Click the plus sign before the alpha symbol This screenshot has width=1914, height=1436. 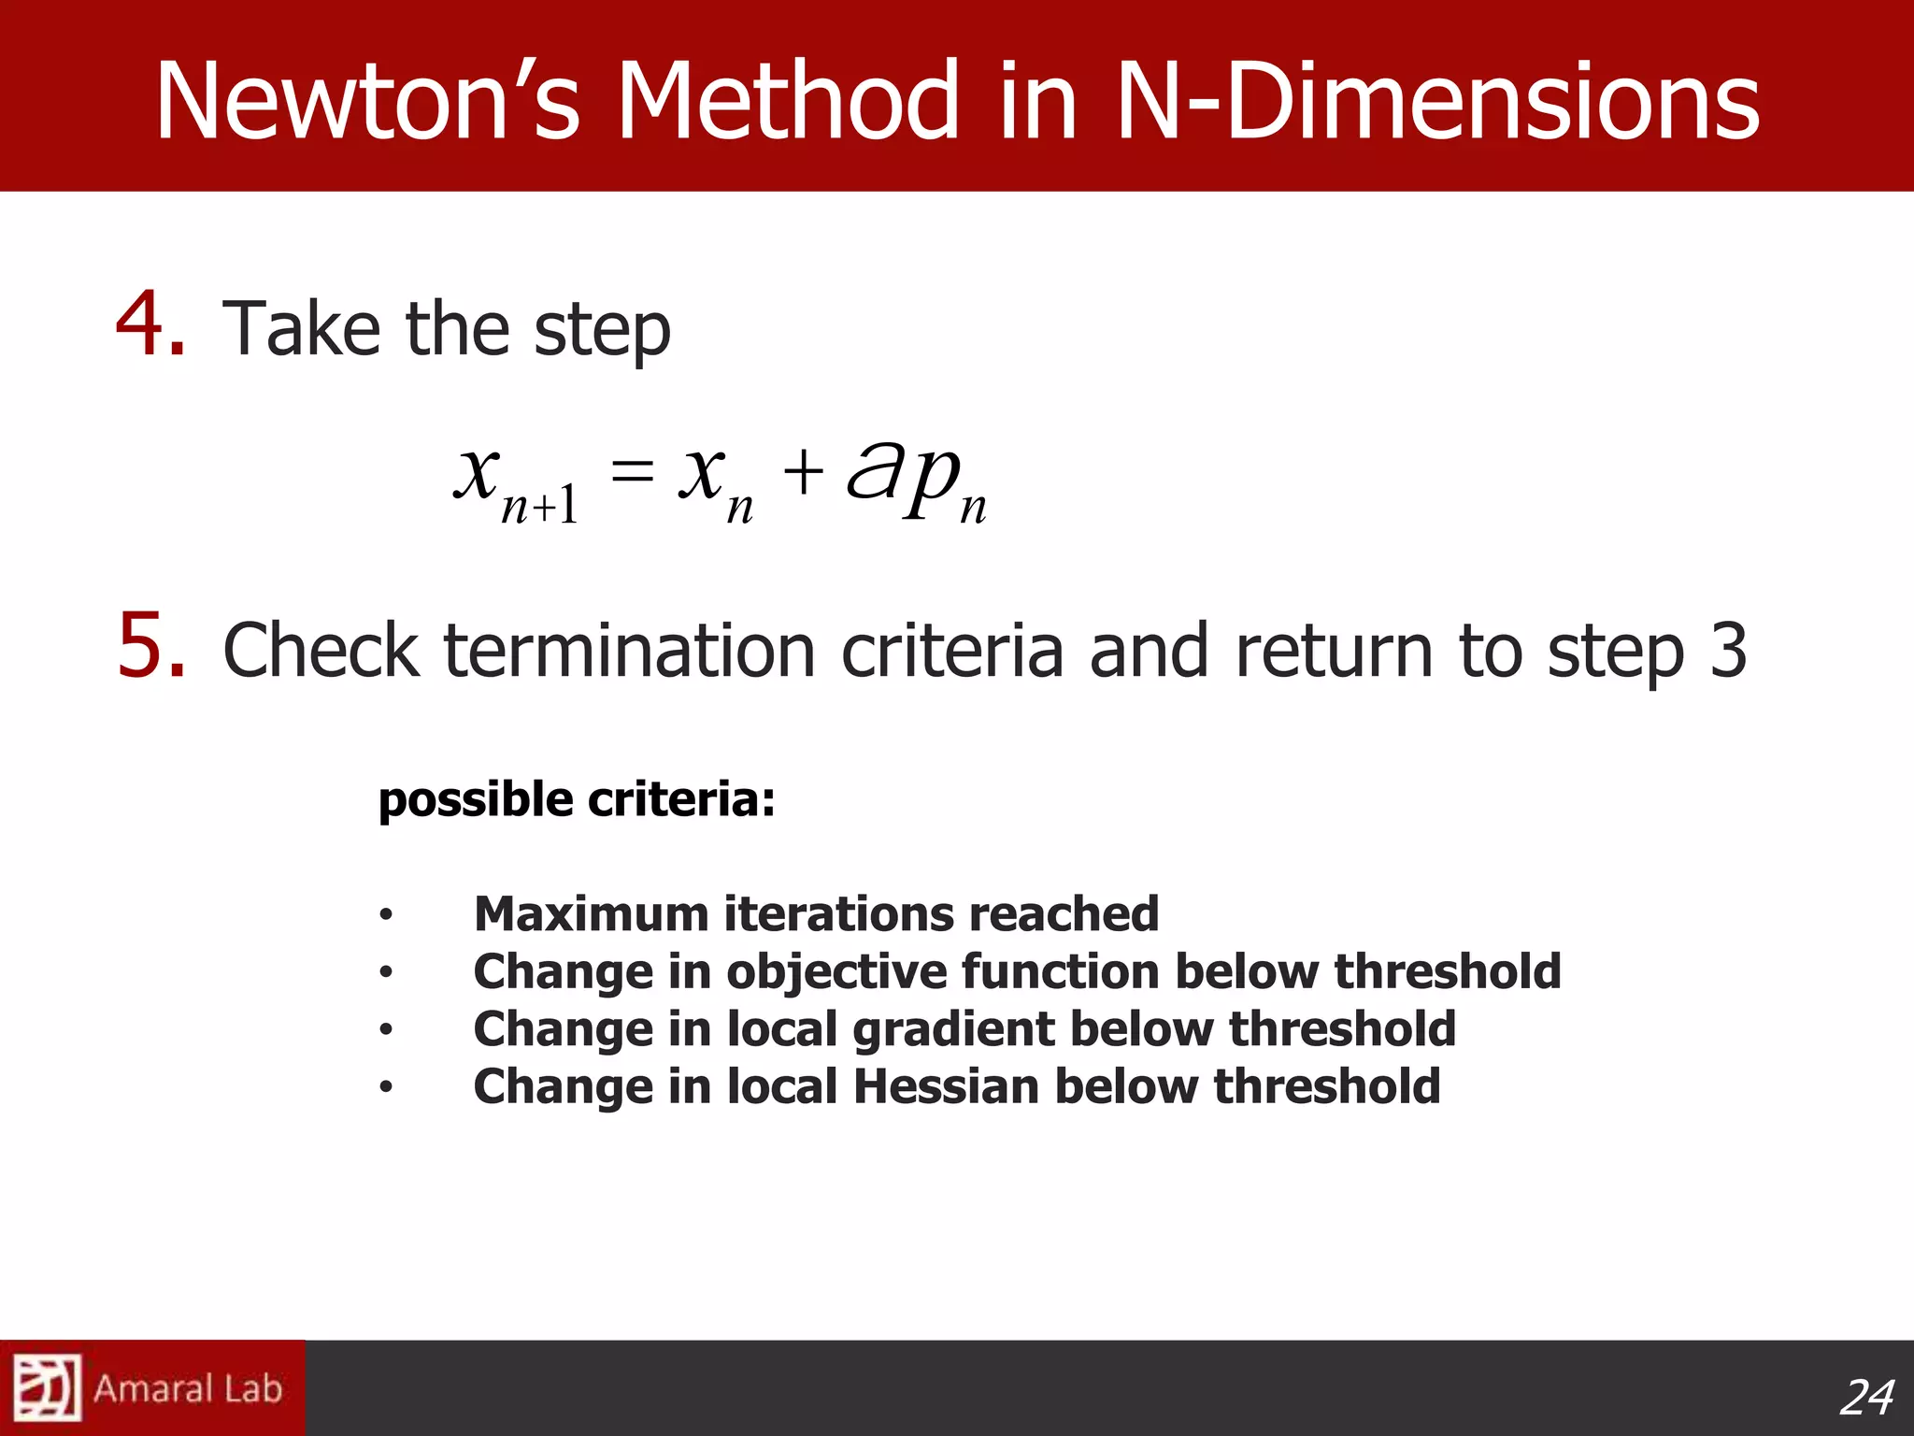(x=803, y=471)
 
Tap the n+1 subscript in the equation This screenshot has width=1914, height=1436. (x=540, y=506)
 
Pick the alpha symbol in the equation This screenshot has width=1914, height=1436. (x=873, y=469)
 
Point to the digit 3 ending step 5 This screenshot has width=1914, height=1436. (x=1727, y=651)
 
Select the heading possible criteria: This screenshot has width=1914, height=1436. (x=577, y=800)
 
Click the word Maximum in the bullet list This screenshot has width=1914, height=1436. (x=591, y=914)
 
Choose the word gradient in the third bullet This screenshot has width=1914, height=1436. (x=953, y=1030)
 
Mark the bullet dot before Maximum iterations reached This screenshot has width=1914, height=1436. (x=386, y=915)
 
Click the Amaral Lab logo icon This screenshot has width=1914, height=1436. (x=47, y=1387)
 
